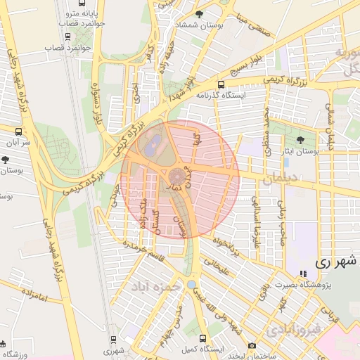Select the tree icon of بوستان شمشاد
[200, 14]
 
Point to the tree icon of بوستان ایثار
[301, 140]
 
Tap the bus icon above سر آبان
[18, 131]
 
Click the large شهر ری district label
[337, 262]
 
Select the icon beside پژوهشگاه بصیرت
[303, 273]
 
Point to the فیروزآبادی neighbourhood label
[295, 328]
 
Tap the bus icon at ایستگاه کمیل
[202, 337]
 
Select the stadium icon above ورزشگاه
[3, 344]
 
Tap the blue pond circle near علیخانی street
[191, 284]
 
